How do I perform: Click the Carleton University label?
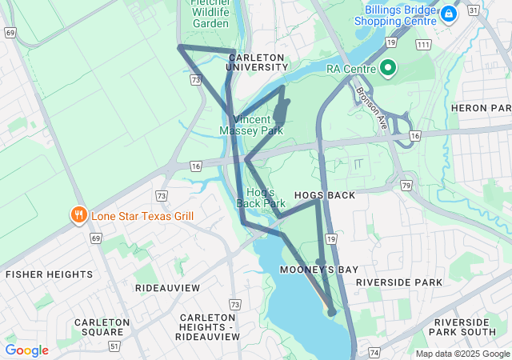click(x=256, y=62)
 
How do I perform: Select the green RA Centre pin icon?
click(x=389, y=69)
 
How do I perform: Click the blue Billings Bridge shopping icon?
click(x=449, y=14)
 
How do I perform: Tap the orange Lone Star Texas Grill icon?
click(x=78, y=214)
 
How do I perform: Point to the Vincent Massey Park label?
click(x=251, y=124)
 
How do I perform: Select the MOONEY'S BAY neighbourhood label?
click(x=319, y=270)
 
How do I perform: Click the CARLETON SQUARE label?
click(x=102, y=327)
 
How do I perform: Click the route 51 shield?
click(x=115, y=346)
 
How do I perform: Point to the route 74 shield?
click(x=374, y=352)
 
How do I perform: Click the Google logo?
click(x=27, y=350)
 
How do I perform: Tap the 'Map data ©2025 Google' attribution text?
click(x=462, y=354)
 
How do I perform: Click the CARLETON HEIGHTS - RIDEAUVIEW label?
click(x=210, y=327)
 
